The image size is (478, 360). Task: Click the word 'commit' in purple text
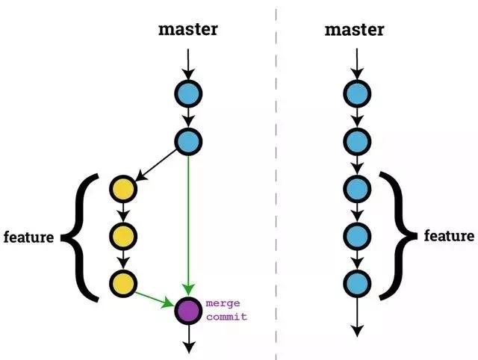pyautogui.click(x=226, y=317)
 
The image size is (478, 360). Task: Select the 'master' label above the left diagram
pyautogui.click(x=187, y=30)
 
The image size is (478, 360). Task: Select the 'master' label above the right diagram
pyautogui.click(x=355, y=30)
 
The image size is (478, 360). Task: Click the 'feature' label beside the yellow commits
pyautogui.click(x=28, y=238)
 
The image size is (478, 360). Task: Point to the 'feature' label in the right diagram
pyautogui.click(x=450, y=236)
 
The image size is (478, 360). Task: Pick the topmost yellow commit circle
pyautogui.click(x=122, y=187)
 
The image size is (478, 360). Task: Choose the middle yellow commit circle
pyautogui.click(x=122, y=236)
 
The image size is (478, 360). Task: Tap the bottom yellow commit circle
pyautogui.click(x=122, y=283)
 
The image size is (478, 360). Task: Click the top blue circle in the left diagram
pyautogui.click(x=188, y=93)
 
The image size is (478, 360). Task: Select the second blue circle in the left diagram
pyautogui.click(x=188, y=140)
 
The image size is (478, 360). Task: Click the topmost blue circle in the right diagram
pyautogui.click(x=357, y=93)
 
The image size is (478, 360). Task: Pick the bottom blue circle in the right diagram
pyautogui.click(x=357, y=283)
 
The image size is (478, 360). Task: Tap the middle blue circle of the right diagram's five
pyautogui.click(x=357, y=187)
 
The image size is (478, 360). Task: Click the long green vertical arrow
pyautogui.click(x=188, y=224)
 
